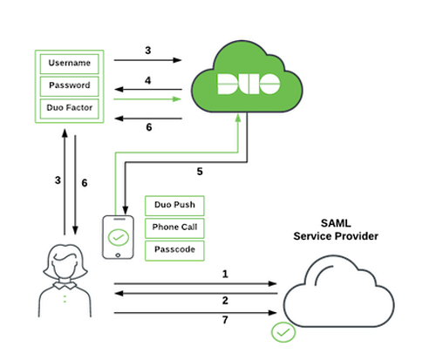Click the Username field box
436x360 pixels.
point(69,64)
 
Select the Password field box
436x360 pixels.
point(69,86)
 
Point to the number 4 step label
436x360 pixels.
point(148,79)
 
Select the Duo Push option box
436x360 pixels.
point(174,207)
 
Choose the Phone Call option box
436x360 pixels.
point(174,228)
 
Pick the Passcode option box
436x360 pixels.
point(174,250)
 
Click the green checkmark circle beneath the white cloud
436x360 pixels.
point(282,332)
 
